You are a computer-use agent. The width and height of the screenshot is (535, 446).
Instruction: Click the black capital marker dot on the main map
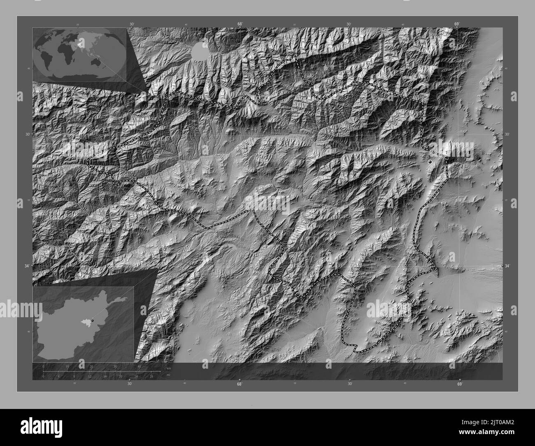point(430,162)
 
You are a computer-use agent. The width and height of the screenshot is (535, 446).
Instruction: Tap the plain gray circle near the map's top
point(200,51)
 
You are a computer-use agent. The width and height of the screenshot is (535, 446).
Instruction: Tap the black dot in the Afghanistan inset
point(93,320)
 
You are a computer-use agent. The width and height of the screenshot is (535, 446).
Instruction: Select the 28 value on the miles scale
point(151,376)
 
